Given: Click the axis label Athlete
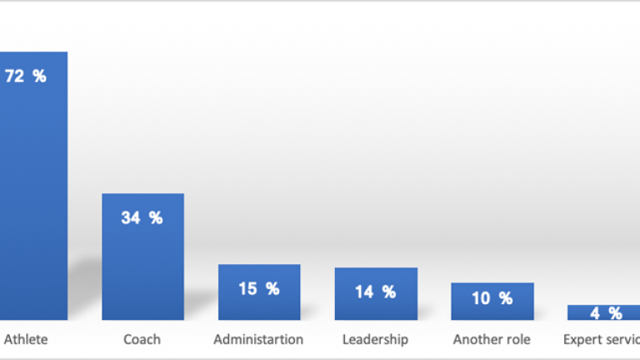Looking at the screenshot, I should pos(26,339).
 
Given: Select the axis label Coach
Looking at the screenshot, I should pos(142,339).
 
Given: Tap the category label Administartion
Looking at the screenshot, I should pos(258,339).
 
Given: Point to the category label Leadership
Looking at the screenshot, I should pos(375,339).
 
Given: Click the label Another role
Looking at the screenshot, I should pos(492,339).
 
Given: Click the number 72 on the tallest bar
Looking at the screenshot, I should pos(15,77).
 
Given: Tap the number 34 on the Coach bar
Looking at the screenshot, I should pos(131,218).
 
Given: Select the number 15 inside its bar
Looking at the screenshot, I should pos(248,289).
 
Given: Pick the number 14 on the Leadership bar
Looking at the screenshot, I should pos(364,292).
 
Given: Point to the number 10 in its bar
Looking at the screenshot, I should pos(481,298).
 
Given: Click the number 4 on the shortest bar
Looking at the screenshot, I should pos(594,313).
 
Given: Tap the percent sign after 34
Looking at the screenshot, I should pos(155,218).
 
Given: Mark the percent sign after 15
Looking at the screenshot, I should pos(272,289).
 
